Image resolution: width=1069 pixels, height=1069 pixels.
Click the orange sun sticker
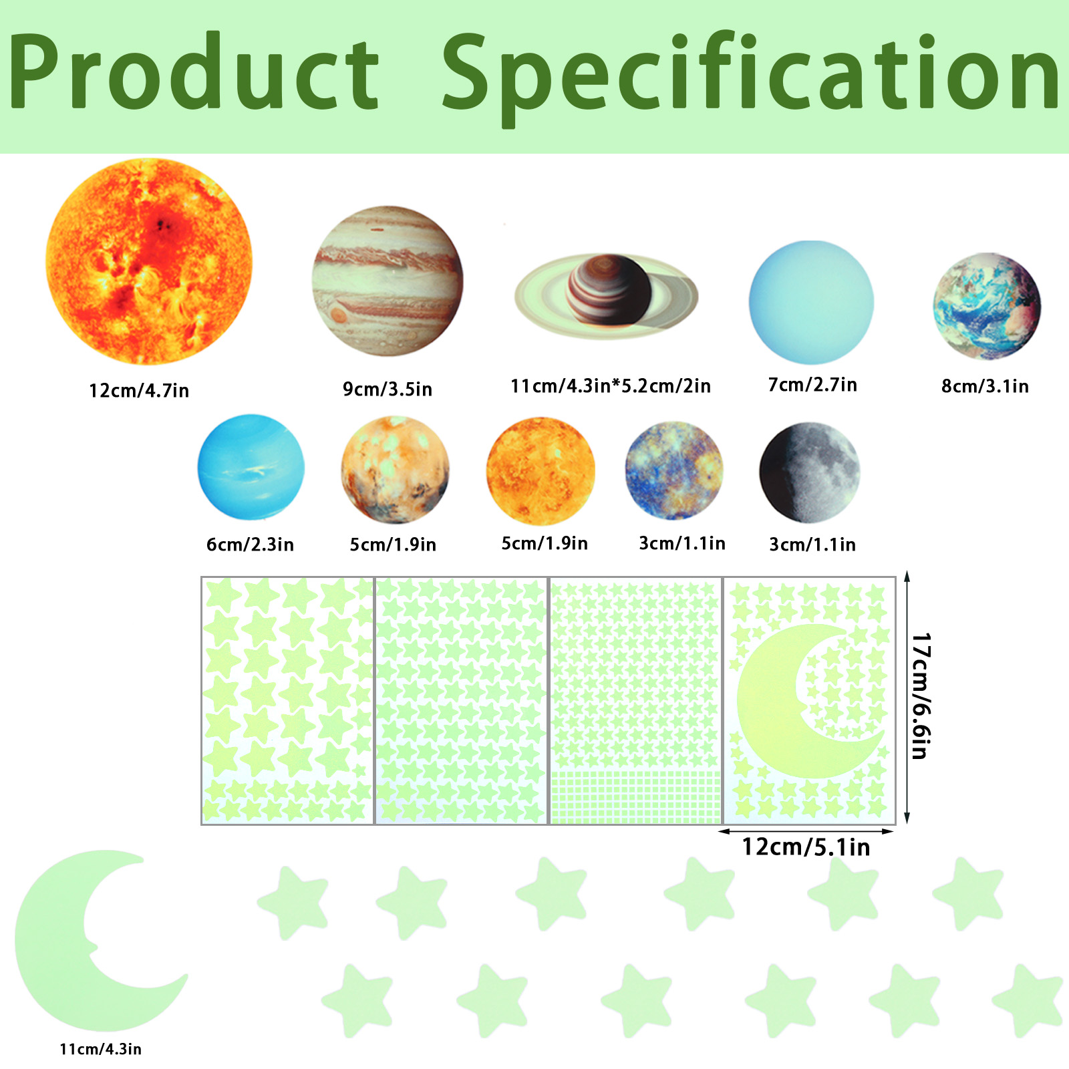tap(149, 261)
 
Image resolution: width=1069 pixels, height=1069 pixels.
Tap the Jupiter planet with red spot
tap(388, 281)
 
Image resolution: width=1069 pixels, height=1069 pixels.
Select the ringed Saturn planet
tap(606, 295)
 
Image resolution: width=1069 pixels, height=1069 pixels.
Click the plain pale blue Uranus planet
tap(811, 302)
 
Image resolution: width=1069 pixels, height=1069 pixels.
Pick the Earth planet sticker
tap(987, 306)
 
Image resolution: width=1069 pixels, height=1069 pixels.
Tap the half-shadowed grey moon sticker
tap(810, 472)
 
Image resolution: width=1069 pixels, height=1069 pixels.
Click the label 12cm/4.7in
tap(139, 391)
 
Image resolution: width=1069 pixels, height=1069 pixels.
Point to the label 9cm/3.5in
tap(388, 389)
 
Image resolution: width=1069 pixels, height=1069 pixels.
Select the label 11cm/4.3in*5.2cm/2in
tap(611, 386)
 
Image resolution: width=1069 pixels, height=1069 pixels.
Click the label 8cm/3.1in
tap(985, 386)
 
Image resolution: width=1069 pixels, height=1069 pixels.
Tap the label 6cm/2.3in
tap(250, 545)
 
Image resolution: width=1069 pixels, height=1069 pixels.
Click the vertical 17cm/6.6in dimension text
tap(921, 696)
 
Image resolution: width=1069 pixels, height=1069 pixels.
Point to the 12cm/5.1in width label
tap(806, 847)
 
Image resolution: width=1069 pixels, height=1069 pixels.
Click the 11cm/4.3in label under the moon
tap(100, 1049)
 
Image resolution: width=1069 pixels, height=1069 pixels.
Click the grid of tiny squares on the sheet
tap(635, 796)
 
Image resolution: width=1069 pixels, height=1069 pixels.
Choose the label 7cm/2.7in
tap(812, 385)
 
